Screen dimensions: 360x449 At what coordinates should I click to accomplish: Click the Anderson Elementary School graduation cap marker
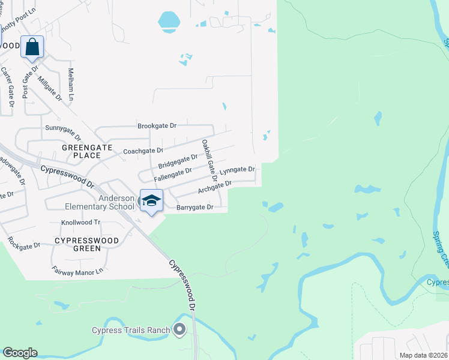151,200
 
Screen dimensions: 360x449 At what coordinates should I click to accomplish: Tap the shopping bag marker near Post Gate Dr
32,47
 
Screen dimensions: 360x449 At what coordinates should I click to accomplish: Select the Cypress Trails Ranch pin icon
179,328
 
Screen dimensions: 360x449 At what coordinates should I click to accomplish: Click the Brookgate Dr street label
157,126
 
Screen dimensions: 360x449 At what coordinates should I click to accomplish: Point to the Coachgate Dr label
143,151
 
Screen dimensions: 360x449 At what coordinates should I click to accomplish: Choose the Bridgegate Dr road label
178,161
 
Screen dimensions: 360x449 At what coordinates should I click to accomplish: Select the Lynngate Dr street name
237,170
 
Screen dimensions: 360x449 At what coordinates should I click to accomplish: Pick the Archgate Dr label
215,187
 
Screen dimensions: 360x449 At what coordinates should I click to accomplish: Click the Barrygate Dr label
195,207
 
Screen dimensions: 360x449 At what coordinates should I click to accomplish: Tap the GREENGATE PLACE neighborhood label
82,151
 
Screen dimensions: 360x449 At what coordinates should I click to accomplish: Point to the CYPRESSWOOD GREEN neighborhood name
86,240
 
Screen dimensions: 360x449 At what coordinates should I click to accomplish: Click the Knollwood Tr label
80,222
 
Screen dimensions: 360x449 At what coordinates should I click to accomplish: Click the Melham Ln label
71,84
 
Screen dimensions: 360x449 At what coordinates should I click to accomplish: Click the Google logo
20,353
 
